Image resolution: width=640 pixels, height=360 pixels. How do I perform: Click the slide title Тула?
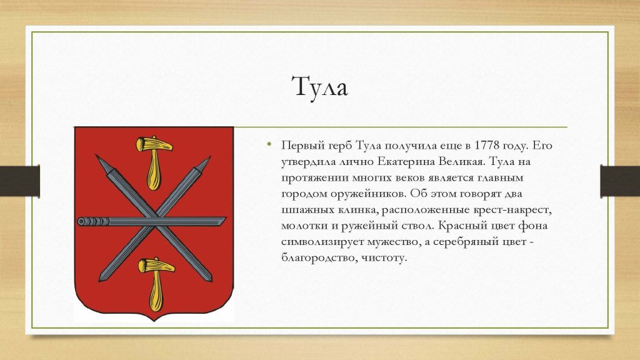coord(320,87)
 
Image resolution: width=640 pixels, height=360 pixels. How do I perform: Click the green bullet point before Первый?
coord(269,144)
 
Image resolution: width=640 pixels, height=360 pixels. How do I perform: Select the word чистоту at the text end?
coord(384,258)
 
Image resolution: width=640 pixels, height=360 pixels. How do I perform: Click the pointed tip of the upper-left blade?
coord(96,156)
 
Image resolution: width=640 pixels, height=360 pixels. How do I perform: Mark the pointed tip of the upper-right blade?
coord(211,156)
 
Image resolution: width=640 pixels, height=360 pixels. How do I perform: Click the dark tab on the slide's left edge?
coord(20,181)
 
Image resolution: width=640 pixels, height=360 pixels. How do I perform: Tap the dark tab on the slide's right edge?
coord(620,181)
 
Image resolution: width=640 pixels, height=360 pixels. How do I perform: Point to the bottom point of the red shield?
coord(154,321)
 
